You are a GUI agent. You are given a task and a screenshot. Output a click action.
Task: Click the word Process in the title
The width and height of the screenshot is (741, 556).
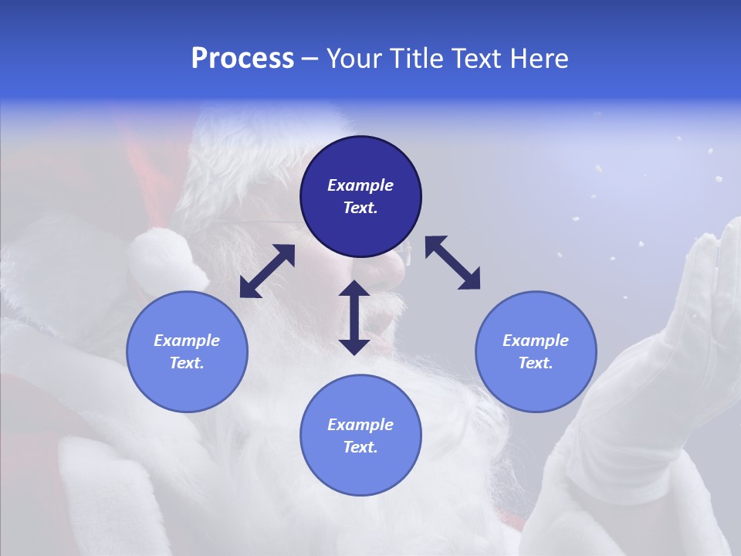(x=242, y=59)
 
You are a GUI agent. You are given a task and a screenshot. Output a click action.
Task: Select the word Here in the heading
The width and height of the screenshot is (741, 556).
(x=537, y=59)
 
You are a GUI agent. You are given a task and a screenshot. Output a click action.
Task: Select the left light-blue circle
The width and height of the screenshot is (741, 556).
(x=187, y=351)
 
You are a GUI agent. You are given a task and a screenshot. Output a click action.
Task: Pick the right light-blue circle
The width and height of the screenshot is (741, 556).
(x=536, y=351)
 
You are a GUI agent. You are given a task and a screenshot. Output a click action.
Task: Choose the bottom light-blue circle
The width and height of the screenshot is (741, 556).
(x=360, y=436)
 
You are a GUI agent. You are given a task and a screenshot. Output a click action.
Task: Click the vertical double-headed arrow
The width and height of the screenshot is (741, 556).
(x=354, y=317)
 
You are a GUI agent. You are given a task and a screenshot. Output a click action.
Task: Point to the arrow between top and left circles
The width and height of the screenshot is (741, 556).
(x=267, y=271)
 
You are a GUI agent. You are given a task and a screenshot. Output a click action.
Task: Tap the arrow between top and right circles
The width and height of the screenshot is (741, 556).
(x=452, y=263)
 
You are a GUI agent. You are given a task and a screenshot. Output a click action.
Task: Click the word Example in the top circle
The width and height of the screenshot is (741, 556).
(x=360, y=185)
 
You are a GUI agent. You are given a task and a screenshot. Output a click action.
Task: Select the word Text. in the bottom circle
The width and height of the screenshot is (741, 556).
(x=360, y=447)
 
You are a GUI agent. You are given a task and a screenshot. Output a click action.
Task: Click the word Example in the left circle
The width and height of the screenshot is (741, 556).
(x=187, y=341)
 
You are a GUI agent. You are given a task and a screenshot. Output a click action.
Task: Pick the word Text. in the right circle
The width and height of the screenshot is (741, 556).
(x=536, y=363)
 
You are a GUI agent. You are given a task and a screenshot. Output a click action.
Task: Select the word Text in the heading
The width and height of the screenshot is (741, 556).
(x=474, y=59)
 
